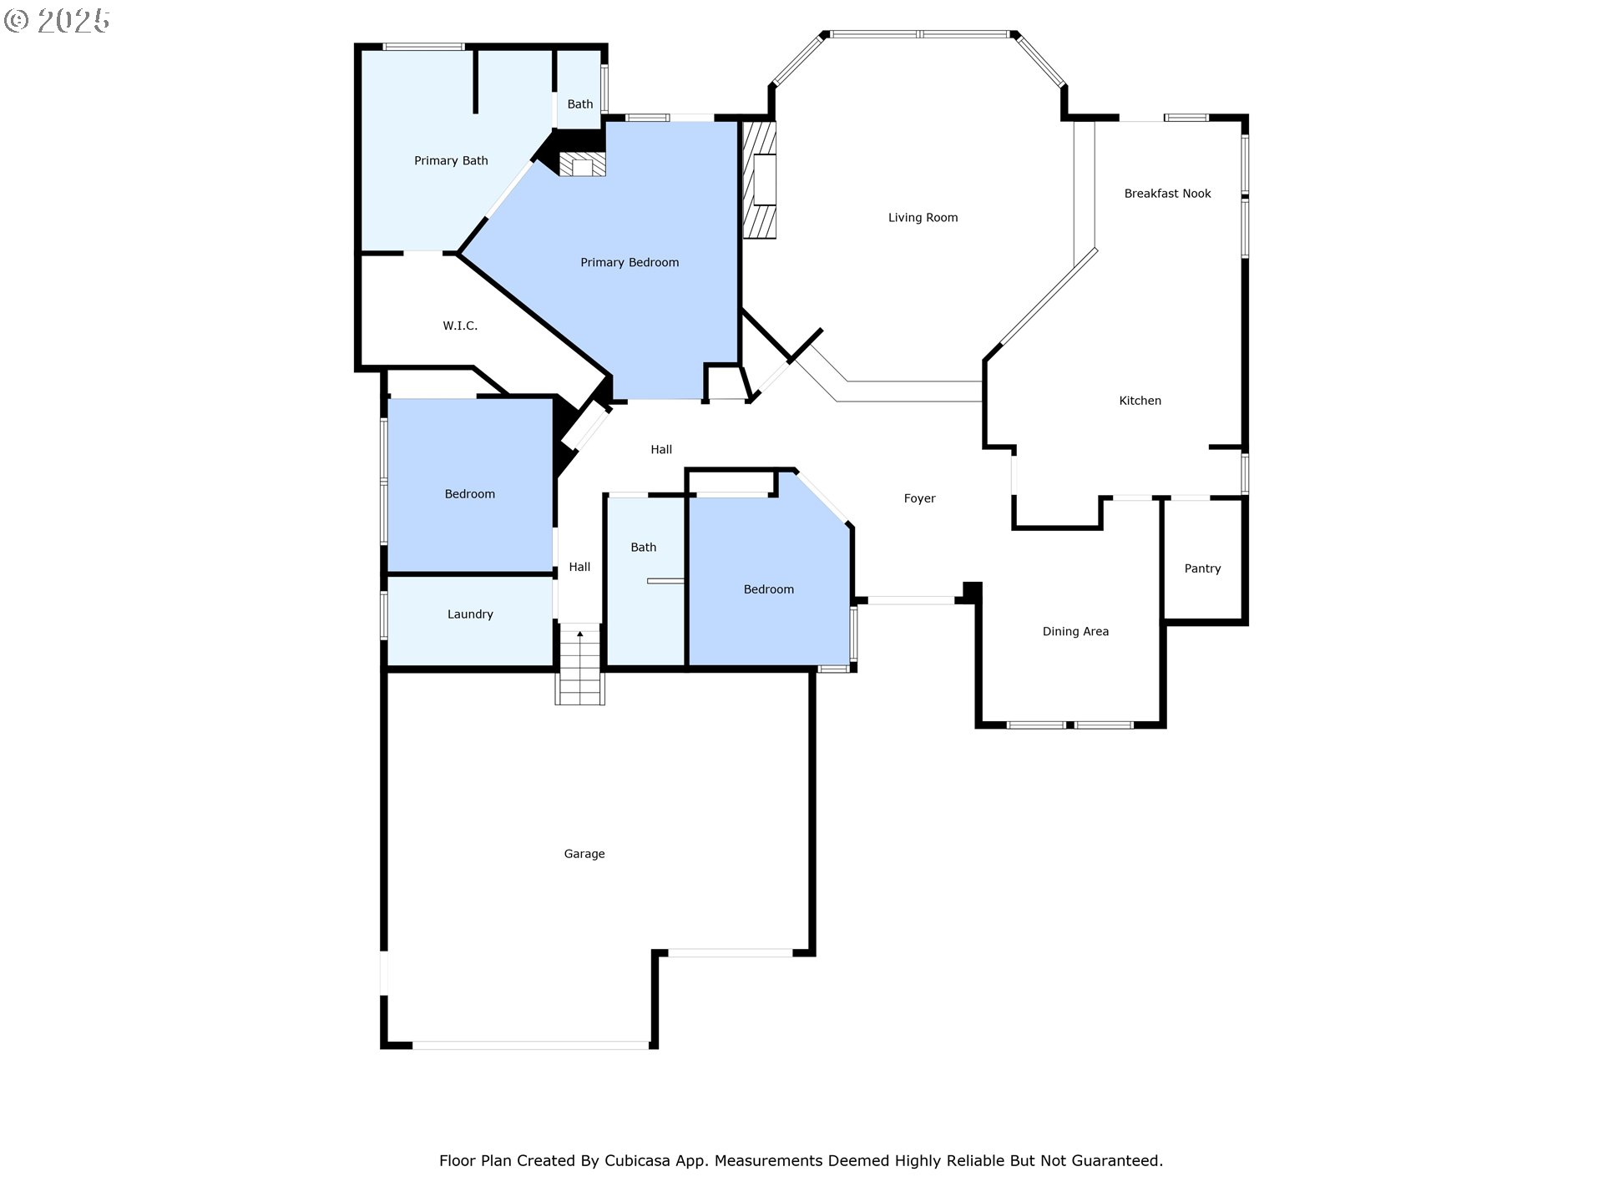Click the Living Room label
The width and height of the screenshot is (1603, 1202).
coord(923,218)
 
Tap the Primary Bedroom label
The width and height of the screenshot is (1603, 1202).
coord(630,263)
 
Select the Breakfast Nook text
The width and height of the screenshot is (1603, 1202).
coord(1167,194)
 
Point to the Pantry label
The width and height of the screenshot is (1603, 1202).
coord(1202,568)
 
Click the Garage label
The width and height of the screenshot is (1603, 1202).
coord(584,854)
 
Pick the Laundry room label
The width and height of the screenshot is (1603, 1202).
coord(470,614)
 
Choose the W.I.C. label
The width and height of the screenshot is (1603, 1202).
coord(460,326)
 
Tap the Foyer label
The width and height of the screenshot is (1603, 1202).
coord(919,498)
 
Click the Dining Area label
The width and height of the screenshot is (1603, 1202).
coord(1075,632)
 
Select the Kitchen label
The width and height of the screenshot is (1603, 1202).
coord(1140,401)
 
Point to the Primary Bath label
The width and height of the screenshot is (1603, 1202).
coord(451,161)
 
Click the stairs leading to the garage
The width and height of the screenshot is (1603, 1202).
coord(580,665)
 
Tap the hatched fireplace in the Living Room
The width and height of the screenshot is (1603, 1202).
coord(760,180)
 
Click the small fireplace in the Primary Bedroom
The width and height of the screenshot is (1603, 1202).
coord(582,164)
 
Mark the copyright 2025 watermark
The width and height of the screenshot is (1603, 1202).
coord(57,20)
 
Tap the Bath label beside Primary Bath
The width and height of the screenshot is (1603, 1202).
coord(580,104)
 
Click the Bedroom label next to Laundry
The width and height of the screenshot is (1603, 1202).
coord(469,494)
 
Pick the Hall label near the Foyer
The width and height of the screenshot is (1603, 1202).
coord(661,450)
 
